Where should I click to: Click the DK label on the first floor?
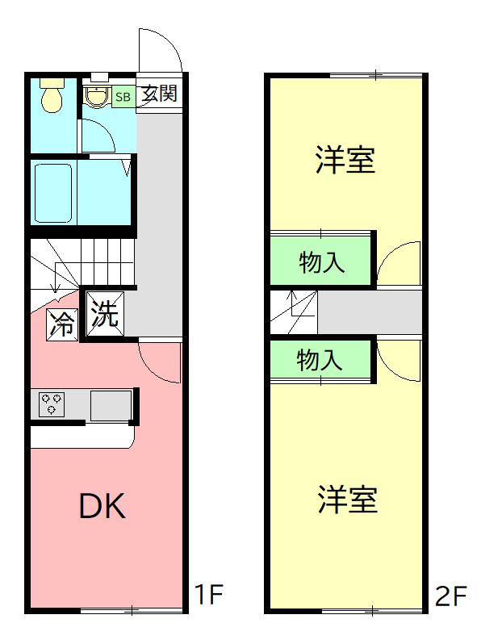tap(102, 506)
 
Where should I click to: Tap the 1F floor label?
tap(207, 596)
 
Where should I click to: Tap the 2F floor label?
tap(450, 596)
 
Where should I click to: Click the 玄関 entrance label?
tap(159, 94)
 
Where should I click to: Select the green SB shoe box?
tap(123, 97)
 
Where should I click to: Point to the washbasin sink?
tap(97, 97)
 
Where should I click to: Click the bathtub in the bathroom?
tap(53, 194)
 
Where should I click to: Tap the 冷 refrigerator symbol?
tap(62, 324)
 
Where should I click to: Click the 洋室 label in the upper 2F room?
tap(345, 160)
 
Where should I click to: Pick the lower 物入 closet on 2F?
tap(320, 359)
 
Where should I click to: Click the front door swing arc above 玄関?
tap(160, 51)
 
